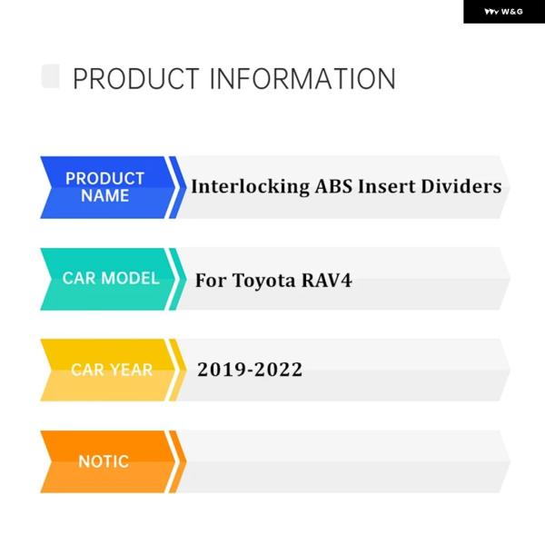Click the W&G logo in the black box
coord(503,12)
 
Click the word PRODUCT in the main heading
coord(136,79)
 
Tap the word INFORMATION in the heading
coord(302,79)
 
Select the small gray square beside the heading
coord(50,76)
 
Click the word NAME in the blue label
coord(105,195)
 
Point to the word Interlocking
coord(251,186)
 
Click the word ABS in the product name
coord(333,186)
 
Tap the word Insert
coord(387,186)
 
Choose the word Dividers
coord(461,186)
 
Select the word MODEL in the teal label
coord(130,278)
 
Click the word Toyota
coord(264,281)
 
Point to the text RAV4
coord(327,280)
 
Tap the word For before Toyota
coord(211,280)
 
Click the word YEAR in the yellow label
coord(132,370)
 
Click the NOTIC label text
coord(104,461)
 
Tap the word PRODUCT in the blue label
coord(105,179)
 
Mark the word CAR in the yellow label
coord(88,370)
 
